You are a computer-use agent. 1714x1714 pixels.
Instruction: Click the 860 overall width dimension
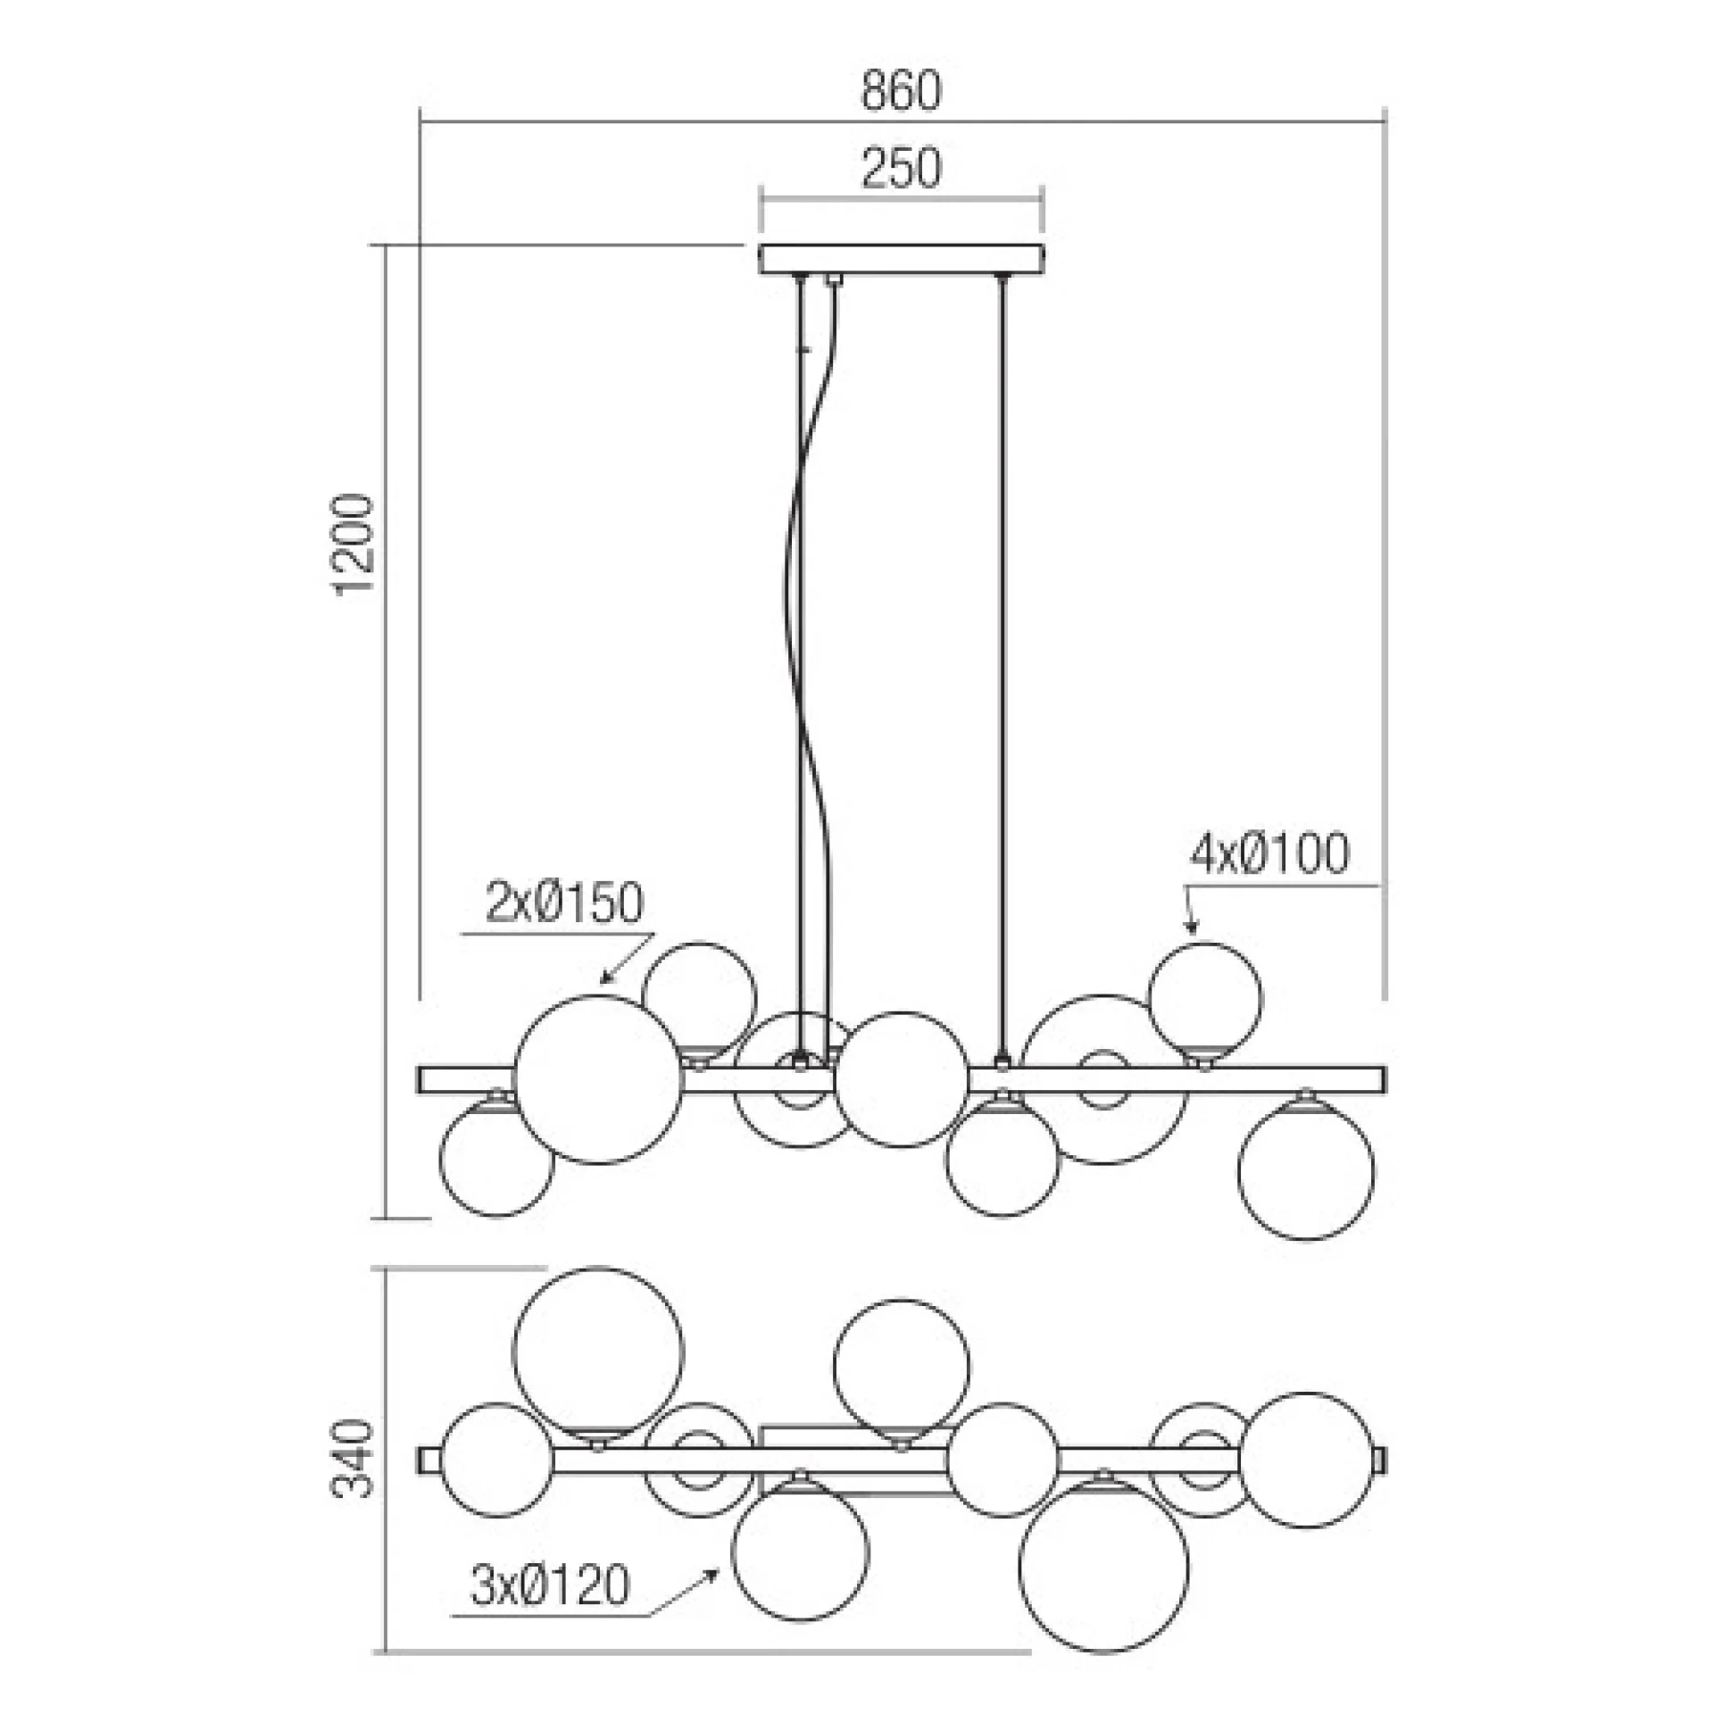pos(901,93)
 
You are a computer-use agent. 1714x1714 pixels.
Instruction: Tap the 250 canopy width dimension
pos(901,169)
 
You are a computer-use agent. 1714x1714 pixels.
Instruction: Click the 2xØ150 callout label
pos(563,903)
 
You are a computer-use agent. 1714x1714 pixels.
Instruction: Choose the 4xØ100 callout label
pos(1269,853)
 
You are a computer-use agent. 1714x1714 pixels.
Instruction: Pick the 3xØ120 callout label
pos(551,1586)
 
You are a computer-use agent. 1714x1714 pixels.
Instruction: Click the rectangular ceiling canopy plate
pos(901,258)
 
